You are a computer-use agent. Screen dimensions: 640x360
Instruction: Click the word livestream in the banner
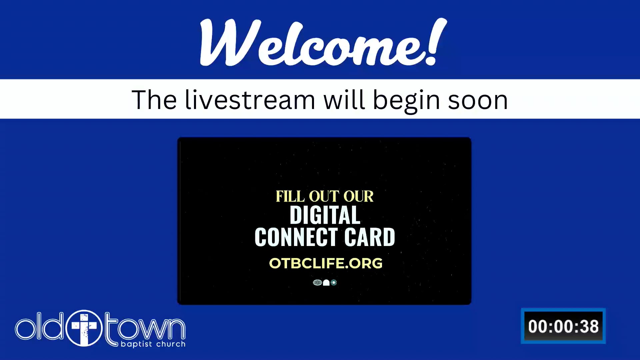pyautogui.click(x=250, y=100)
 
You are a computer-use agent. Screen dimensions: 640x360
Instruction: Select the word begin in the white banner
pyautogui.click(x=406, y=101)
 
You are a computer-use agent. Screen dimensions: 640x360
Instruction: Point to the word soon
pyautogui.click(x=478, y=101)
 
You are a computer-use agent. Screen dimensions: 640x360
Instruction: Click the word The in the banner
pyautogui.click(x=154, y=100)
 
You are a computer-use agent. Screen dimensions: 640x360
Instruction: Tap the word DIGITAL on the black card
pyautogui.click(x=325, y=215)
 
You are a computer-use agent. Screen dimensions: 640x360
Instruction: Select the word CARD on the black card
pyautogui.click(x=370, y=237)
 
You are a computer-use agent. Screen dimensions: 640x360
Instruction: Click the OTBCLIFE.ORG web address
pyautogui.click(x=326, y=263)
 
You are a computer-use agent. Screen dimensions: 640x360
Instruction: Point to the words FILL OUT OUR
pyautogui.click(x=325, y=196)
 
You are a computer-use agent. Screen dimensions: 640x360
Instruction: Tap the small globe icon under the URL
pyautogui.click(x=317, y=283)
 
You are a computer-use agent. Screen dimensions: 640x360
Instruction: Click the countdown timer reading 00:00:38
pyautogui.click(x=563, y=326)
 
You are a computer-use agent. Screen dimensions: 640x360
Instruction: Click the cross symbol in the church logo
pyautogui.click(x=84, y=328)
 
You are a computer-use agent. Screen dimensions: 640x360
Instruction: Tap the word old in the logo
pyautogui.click(x=39, y=326)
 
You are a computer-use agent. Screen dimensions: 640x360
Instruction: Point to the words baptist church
pyautogui.click(x=153, y=344)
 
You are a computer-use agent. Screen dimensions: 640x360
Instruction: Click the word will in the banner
pyautogui.click(x=344, y=100)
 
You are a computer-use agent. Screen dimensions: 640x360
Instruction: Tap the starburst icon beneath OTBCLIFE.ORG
pyautogui.click(x=334, y=283)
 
